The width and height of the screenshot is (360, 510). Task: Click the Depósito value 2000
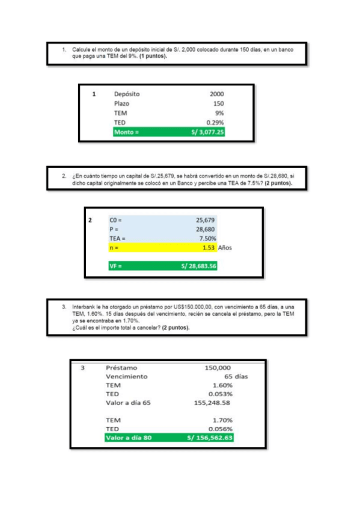click(216, 94)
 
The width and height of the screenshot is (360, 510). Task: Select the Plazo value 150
click(218, 103)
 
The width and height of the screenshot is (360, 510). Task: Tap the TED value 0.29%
click(215, 122)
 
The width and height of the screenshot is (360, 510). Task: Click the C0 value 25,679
click(206, 220)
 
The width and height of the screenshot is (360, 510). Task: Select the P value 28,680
click(206, 229)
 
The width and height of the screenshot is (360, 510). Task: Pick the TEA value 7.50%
click(207, 238)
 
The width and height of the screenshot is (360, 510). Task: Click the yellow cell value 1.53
click(209, 248)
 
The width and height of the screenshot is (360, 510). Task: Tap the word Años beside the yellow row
click(227, 248)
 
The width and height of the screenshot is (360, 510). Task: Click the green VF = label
click(115, 266)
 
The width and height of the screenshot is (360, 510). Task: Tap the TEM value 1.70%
click(222, 420)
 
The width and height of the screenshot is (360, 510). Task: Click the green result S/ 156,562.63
click(210, 438)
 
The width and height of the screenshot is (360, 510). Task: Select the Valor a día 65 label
click(128, 402)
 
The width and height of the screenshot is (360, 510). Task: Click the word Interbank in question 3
click(84, 306)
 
